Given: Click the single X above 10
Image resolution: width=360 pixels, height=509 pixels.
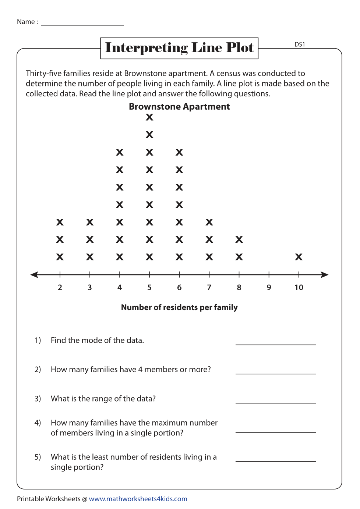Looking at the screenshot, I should (299, 257).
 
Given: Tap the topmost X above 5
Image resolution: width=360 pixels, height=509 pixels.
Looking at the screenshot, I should (149, 117).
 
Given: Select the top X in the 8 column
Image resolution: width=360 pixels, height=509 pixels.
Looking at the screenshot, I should (239, 239).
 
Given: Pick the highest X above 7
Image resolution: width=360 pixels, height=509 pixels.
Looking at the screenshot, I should (209, 222).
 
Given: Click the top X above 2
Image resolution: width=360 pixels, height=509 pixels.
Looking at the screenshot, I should (60, 222).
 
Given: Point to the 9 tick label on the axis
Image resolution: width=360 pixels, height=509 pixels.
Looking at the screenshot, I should (269, 288).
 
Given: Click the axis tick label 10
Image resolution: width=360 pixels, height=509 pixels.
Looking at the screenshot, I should (299, 288).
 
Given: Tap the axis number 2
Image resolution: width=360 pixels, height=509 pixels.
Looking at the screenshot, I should (60, 288).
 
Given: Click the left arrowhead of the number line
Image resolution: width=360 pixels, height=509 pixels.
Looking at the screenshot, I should (34, 275).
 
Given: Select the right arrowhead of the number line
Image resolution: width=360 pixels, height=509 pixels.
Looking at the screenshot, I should (325, 275).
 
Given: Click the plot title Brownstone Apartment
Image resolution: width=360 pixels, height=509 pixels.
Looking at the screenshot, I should (179, 107).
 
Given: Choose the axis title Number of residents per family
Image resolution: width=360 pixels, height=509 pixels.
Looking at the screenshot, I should (179, 307).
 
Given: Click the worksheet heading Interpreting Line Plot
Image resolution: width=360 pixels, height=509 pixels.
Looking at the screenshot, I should (179, 48).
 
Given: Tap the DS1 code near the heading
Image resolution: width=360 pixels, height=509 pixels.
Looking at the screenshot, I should (300, 45).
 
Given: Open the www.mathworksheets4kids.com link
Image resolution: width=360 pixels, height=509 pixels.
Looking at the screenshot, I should (138, 499).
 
